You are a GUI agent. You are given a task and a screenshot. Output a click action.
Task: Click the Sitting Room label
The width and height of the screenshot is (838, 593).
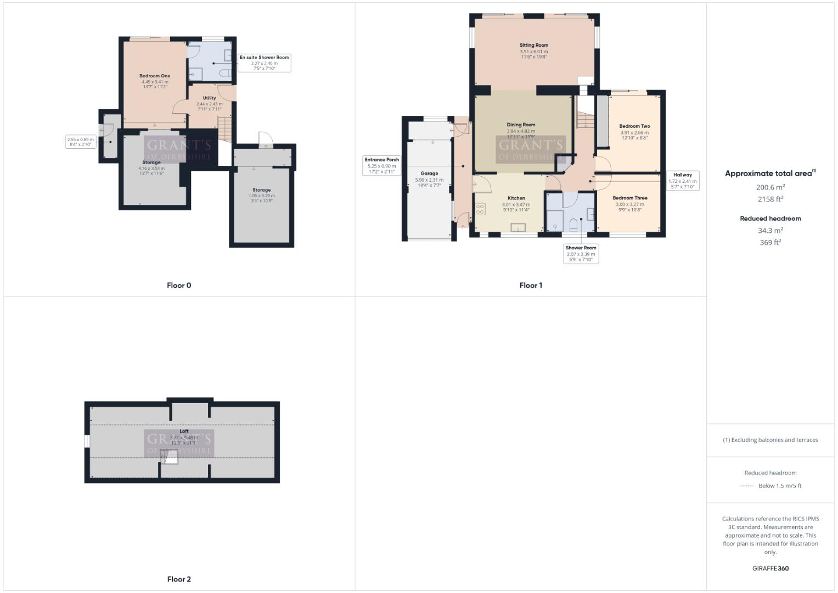pos(533,46)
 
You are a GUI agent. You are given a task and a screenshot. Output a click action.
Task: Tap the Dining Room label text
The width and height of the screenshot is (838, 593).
pos(520,125)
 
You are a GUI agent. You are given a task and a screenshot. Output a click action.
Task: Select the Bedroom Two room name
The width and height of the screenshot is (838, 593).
pos(634,126)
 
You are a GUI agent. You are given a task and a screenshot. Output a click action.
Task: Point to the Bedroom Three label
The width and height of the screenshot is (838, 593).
pos(629,198)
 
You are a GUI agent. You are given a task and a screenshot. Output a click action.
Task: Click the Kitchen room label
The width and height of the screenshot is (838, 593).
pos(516,198)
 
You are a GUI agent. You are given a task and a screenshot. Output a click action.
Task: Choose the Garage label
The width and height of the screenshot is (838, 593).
pos(429,174)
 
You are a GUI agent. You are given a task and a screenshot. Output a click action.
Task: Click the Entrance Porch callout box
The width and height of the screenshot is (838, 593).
pos(381,165)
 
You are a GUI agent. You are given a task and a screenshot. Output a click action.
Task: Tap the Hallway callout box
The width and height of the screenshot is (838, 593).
pos(682,181)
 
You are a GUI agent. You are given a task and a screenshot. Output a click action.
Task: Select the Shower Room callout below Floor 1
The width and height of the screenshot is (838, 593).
pos(581,254)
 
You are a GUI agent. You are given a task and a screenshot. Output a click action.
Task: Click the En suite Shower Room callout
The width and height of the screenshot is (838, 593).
pos(264,63)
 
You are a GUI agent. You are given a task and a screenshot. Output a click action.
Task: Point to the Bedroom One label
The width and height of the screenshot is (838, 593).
pos(155,76)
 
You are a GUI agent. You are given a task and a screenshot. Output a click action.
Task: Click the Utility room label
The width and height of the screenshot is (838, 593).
pos(209,98)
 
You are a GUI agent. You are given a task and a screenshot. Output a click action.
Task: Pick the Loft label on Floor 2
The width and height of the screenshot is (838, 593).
pos(184,432)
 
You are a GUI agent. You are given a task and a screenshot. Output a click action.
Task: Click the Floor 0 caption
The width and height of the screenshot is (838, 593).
pos(179,286)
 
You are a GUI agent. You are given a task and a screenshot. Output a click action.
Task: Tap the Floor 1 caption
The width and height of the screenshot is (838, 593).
pos(531,286)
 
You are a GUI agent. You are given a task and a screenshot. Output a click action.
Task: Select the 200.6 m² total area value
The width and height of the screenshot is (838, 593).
pos(770,187)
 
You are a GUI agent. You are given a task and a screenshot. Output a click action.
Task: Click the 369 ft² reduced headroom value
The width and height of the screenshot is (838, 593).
pos(770,243)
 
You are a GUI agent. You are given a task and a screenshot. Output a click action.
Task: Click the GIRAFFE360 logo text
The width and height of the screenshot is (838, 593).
pos(770,568)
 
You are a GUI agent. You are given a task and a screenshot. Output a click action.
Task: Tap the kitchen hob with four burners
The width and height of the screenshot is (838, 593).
pos(480,209)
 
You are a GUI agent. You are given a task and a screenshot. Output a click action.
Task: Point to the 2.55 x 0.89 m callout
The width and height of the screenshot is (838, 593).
pos(81,142)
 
